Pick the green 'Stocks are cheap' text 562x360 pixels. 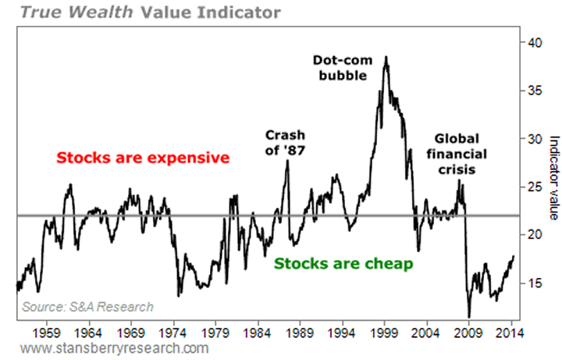343,264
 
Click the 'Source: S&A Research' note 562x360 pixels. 87,307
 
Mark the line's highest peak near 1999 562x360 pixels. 386,57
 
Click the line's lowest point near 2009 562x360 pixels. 469,316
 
